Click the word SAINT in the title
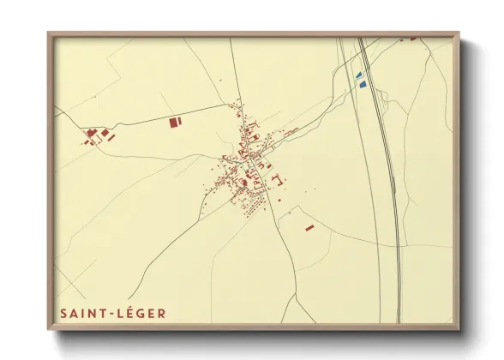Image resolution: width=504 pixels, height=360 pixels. coord(85,314)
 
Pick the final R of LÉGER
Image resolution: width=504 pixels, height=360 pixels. coord(161,314)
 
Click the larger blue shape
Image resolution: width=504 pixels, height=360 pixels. coord(362,84)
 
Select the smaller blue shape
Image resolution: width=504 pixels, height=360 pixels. coord(358,75)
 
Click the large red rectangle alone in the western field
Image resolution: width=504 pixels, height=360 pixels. coord(176,123)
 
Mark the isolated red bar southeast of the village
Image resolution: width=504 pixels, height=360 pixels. coord(309,228)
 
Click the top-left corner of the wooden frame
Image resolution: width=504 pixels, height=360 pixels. coord(49,34)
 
